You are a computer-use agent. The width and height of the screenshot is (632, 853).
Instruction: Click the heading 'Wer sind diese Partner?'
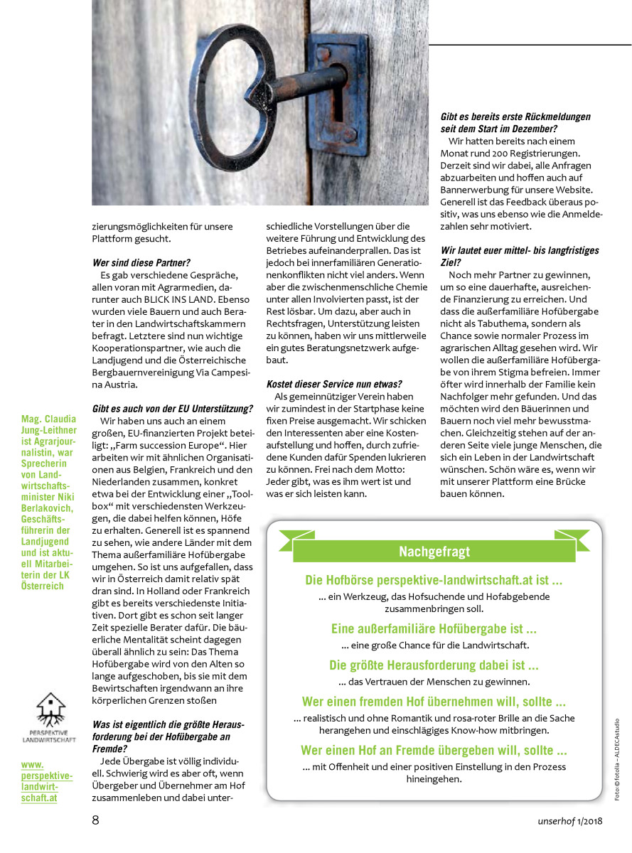(x=142, y=262)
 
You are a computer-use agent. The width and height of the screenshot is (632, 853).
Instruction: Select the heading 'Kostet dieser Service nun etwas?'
(x=333, y=384)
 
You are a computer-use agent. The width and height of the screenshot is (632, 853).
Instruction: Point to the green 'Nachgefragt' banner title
(x=434, y=551)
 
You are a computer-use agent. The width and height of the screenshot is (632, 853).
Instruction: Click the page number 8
(x=95, y=820)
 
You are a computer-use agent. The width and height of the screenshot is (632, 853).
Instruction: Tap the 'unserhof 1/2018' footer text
(x=569, y=821)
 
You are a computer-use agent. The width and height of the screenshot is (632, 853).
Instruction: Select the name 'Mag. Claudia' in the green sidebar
(x=50, y=419)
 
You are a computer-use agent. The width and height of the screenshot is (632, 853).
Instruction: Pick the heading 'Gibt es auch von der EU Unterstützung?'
(x=173, y=409)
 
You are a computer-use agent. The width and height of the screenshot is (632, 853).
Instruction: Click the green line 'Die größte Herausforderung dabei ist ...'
(x=434, y=665)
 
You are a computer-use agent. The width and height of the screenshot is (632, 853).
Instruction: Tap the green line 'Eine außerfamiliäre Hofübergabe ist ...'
(x=434, y=629)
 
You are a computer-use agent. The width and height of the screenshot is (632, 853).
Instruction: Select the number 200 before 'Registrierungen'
(x=493, y=153)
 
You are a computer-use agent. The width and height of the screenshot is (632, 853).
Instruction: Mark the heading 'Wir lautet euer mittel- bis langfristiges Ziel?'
(x=520, y=256)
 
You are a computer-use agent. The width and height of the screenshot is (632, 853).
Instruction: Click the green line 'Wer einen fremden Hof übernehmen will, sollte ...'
(x=434, y=702)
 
